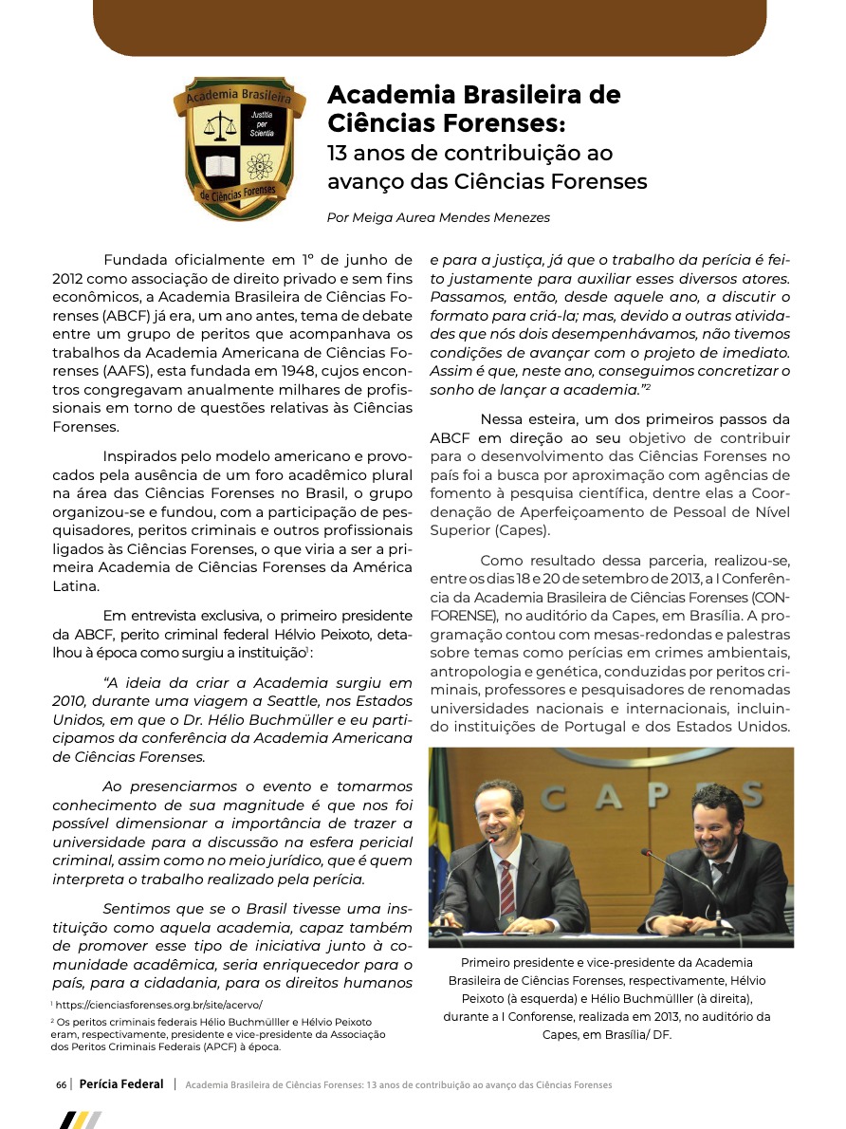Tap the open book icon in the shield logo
tap(220, 167)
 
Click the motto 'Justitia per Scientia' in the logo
tap(261, 124)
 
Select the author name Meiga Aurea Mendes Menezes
tap(437, 216)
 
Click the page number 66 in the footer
tap(61, 1084)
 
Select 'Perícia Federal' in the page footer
tap(121, 1084)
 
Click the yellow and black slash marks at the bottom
tap(80, 1120)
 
